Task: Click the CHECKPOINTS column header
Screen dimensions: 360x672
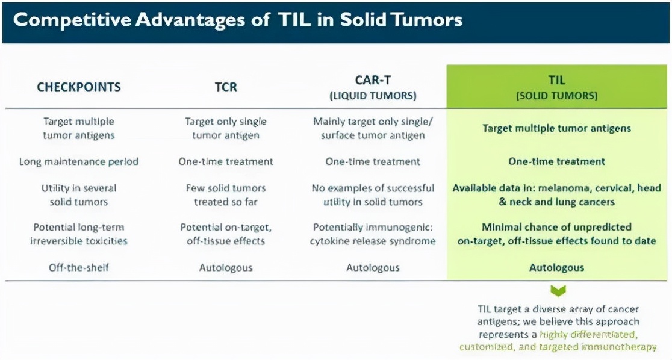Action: [79, 87]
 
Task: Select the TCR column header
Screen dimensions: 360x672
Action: [226, 87]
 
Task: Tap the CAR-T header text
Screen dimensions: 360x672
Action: [373, 80]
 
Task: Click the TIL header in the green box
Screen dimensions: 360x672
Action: [557, 80]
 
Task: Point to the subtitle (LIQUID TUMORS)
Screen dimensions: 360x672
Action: [373, 96]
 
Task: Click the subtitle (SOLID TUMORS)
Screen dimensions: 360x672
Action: [557, 96]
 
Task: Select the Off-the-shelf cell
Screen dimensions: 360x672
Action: [79, 267]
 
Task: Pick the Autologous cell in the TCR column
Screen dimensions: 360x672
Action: [226, 267]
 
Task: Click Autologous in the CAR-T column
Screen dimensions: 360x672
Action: [373, 267]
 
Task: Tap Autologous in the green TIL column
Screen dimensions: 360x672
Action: [557, 267]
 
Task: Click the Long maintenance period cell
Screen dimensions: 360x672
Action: [79, 161]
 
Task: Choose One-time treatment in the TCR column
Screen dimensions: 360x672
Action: [226, 161]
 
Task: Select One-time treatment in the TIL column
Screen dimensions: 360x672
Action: [557, 161]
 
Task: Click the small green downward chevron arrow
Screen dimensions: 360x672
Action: [558, 291]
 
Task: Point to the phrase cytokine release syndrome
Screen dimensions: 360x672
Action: [373, 241]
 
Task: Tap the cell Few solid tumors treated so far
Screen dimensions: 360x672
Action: [226, 195]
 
